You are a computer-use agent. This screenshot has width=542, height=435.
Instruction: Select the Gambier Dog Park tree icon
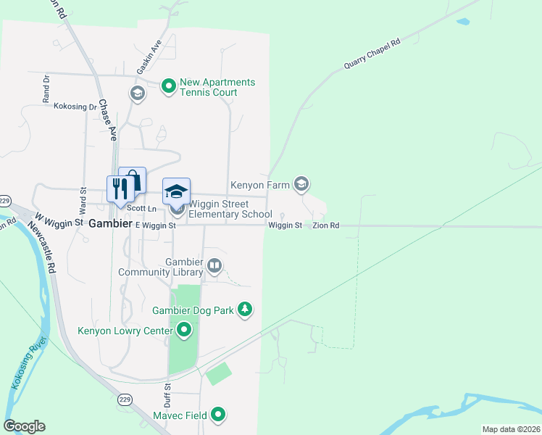click(x=246, y=310)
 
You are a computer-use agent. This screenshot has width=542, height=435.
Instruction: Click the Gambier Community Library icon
click(x=214, y=266)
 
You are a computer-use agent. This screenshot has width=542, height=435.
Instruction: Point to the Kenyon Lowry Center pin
click(x=184, y=331)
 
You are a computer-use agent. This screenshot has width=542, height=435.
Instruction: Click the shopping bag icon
click(x=133, y=179)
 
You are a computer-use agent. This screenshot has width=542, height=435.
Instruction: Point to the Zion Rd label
click(x=326, y=226)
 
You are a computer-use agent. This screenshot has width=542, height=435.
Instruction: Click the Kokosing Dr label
click(x=75, y=107)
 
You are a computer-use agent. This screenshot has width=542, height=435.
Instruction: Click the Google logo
click(x=24, y=426)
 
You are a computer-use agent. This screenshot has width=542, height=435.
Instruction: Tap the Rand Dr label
click(x=45, y=87)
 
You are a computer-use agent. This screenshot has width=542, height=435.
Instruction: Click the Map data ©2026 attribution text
click(x=510, y=429)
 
